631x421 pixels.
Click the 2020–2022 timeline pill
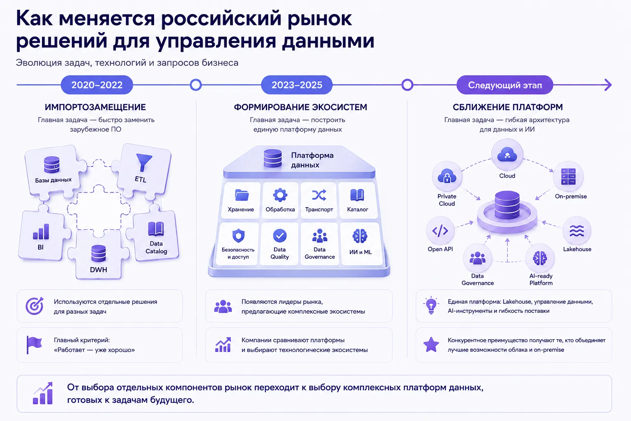[97, 85]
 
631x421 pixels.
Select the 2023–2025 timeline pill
[297, 85]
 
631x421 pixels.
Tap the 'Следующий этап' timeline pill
[505, 85]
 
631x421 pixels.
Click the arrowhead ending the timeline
[608, 85]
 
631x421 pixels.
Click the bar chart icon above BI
[41, 231]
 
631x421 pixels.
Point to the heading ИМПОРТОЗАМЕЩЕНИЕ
[95, 107]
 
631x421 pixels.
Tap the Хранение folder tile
[241, 200]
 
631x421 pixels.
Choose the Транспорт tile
[319, 200]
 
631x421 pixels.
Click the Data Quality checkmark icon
[280, 236]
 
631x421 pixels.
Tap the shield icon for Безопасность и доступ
[238, 236]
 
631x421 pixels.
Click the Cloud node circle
[507, 155]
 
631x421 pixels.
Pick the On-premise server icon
[568, 176]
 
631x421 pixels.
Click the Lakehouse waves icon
[577, 231]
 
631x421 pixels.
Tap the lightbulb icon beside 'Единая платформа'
[431, 305]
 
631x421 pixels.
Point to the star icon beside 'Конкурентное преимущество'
[431, 345]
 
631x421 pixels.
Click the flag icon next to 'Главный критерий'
[34, 345]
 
